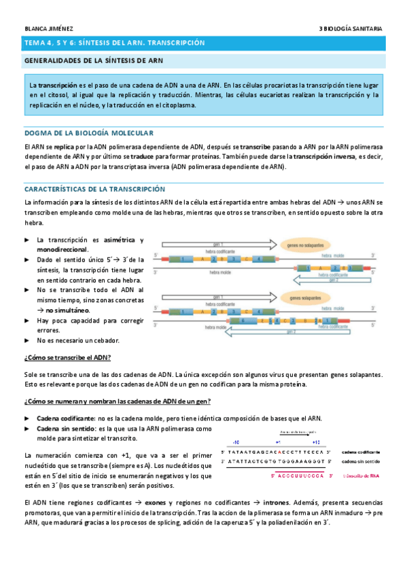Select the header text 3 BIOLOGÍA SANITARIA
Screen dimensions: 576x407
(x=351, y=29)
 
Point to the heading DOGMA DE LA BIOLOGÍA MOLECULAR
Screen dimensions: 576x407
(x=89, y=132)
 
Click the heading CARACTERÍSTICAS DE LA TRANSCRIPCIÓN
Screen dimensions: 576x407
(x=94, y=188)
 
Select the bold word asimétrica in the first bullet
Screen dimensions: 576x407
(x=119, y=240)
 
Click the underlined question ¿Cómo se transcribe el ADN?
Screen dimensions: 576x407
(x=67, y=357)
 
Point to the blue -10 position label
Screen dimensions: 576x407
(x=236, y=441)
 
